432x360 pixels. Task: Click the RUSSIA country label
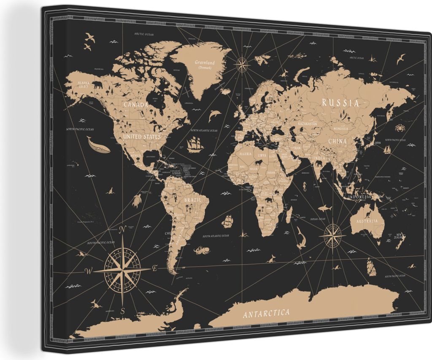point(340,103)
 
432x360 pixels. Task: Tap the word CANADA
point(136,104)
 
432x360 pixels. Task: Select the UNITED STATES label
point(142,137)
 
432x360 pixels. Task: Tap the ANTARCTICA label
point(266,313)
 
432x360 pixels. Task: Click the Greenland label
point(205,63)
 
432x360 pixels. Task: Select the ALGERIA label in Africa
point(245,155)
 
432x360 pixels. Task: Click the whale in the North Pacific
point(98,146)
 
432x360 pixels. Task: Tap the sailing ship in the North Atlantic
point(194,144)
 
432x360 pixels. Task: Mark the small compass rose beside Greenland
point(241,65)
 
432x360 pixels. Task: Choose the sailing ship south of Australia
point(371,267)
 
